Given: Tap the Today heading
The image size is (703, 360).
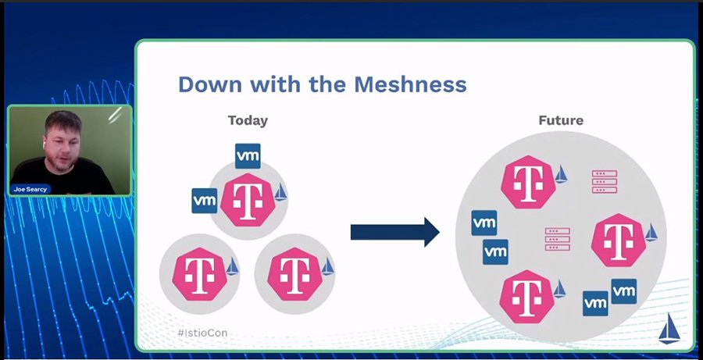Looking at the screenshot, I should (x=248, y=120).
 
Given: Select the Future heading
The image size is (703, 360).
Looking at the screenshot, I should (x=561, y=120).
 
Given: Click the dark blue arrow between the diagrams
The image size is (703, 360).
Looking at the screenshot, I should (x=395, y=232).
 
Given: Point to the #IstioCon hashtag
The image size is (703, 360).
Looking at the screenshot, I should (x=202, y=333).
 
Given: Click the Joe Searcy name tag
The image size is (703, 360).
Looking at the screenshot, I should (x=30, y=188).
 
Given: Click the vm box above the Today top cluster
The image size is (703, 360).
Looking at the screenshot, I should (x=248, y=155).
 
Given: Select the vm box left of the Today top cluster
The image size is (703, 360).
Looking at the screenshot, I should (x=204, y=200).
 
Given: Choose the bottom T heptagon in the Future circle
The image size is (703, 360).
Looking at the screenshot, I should (x=526, y=295).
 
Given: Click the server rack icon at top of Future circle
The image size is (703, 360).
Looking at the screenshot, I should (x=604, y=181).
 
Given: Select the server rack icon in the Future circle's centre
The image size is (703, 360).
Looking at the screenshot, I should (x=557, y=239).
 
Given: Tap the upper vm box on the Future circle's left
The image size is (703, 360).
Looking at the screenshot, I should (x=484, y=223).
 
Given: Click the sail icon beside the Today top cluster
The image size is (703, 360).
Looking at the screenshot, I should (x=280, y=193).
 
